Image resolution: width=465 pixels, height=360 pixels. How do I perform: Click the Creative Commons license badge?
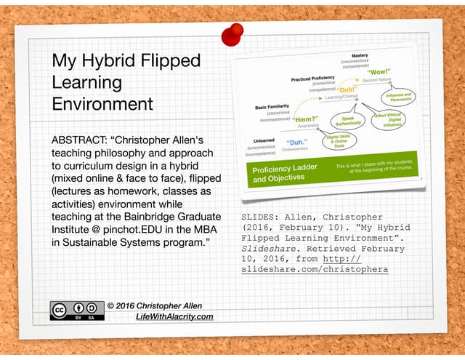click(x=76, y=310)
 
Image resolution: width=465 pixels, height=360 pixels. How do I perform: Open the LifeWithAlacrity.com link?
click(x=174, y=316)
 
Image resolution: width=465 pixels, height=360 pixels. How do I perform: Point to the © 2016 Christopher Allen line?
click(x=154, y=305)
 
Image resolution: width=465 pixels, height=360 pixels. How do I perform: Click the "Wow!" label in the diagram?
click(x=379, y=73)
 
